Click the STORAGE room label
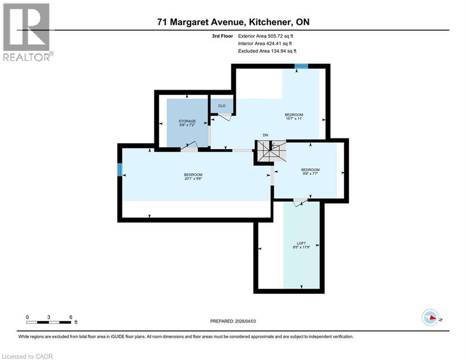tap(187, 121)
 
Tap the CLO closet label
tap(222, 106)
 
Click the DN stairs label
tap(265, 135)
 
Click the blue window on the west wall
tap(120, 169)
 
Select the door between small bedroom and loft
tap(300, 202)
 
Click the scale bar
tap(49, 322)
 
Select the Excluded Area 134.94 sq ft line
tap(267, 51)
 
